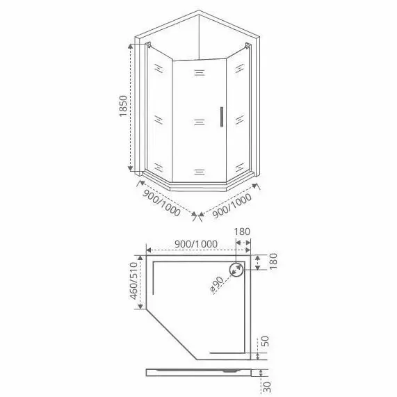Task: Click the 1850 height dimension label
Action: (x=123, y=106)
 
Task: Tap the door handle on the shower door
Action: (x=222, y=117)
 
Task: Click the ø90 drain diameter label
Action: (x=216, y=285)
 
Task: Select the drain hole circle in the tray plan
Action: (x=236, y=270)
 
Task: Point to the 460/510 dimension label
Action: (x=133, y=281)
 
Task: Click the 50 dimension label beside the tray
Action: (x=265, y=341)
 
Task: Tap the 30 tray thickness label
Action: (x=267, y=387)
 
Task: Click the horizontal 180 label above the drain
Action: (x=242, y=232)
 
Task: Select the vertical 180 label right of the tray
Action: (x=273, y=261)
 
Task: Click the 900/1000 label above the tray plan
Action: (x=196, y=244)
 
